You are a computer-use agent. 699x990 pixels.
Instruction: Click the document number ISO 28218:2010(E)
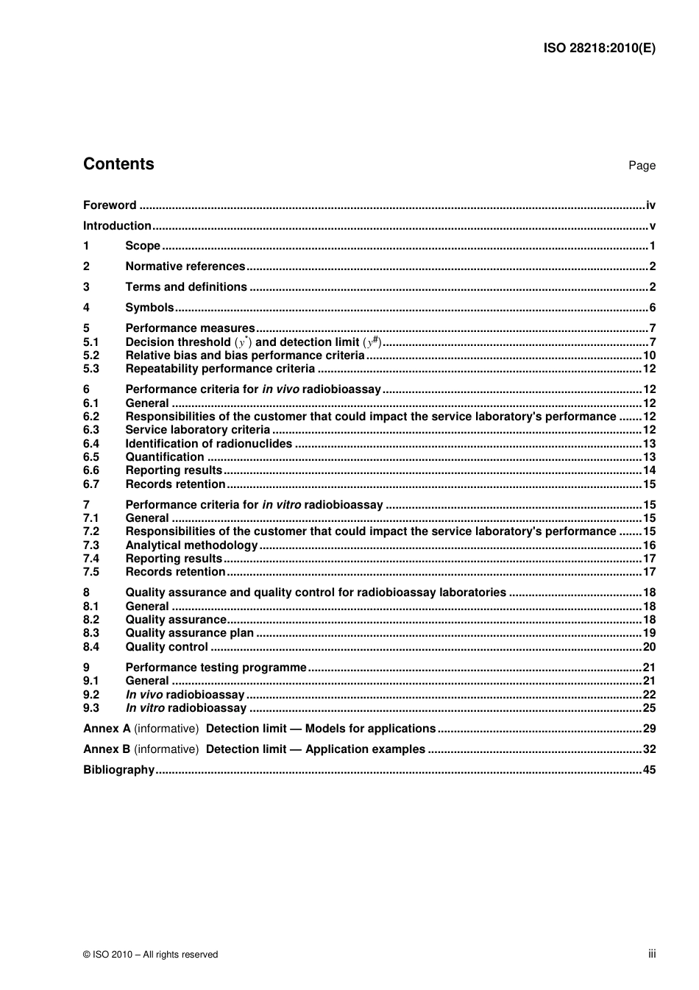pyautogui.click(x=599, y=49)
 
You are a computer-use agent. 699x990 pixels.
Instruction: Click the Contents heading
pyautogui.click(x=118, y=164)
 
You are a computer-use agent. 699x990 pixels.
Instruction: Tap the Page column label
pyautogui.click(x=642, y=166)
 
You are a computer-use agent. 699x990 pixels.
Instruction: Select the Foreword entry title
pyautogui.click(x=110, y=205)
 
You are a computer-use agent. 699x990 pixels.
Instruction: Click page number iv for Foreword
pyautogui.click(x=650, y=205)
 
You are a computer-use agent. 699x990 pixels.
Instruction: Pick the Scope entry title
pyautogui.click(x=143, y=246)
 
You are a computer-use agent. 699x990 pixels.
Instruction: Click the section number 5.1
pyautogui.click(x=91, y=342)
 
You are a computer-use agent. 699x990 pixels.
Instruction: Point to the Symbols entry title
pyautogui.click(x=149, y=308)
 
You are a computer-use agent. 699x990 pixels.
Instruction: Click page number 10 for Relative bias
pyautogui.click(x=649, y=356)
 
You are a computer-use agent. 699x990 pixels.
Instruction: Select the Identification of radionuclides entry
pyautogui.click(x=208, y=444)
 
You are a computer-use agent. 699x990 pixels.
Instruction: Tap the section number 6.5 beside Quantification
pyautogui.click(x=91, y=457)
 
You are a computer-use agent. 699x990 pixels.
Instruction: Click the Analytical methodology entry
pyautogui.click(x=191, y=545)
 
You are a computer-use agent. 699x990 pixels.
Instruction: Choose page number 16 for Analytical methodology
pyautogui.click(x=649, y=545)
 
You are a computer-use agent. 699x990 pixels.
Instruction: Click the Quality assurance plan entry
pyautogui.click(x=189, y=633)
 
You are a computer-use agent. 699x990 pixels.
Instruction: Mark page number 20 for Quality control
pyautogui.click(x=649, y=647)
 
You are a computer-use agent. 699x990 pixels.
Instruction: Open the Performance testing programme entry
pyautogui.click(x=216, y=668)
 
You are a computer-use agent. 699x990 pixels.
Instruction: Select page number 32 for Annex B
pyautogui.click(x=649, y=749)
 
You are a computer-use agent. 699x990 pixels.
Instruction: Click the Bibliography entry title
pyautogui.click(x=118, y=770)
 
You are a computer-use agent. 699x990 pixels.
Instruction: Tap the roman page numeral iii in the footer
pyautogui.click(x=652, y=954)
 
